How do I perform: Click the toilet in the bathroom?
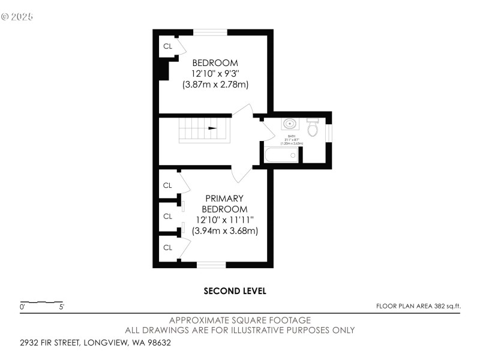pos(312,127)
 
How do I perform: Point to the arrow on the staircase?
pos(212,128)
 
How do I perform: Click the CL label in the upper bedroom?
pos(167,46)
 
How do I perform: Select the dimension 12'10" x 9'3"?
pos(215,74)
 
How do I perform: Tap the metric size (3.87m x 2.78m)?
pos(215,85)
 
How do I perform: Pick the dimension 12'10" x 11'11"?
pos(224,220)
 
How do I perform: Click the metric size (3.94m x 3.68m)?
pos(224,231)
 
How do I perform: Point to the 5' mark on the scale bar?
pos(61,307)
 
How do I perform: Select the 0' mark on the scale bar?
pos(22,307)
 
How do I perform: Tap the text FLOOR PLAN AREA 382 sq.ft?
pos(418,306)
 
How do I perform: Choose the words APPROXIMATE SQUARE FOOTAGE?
pos(240,320)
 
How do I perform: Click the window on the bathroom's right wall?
pos(328,133)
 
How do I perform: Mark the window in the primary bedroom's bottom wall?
pos(211,264)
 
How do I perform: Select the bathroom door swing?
pos(268,131)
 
